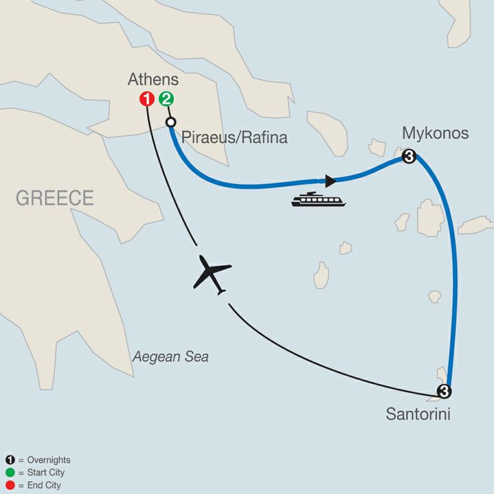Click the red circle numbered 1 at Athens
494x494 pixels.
point(147,99)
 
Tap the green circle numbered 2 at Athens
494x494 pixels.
point(166,99)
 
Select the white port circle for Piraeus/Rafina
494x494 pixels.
point(171,122)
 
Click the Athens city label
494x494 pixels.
point(153,80)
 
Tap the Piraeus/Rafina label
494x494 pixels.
point(234,138)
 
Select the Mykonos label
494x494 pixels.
point(435,134)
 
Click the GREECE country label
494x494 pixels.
point(55,198)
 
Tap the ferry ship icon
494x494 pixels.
point(318,199)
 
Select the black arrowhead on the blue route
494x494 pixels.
point(330,181)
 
